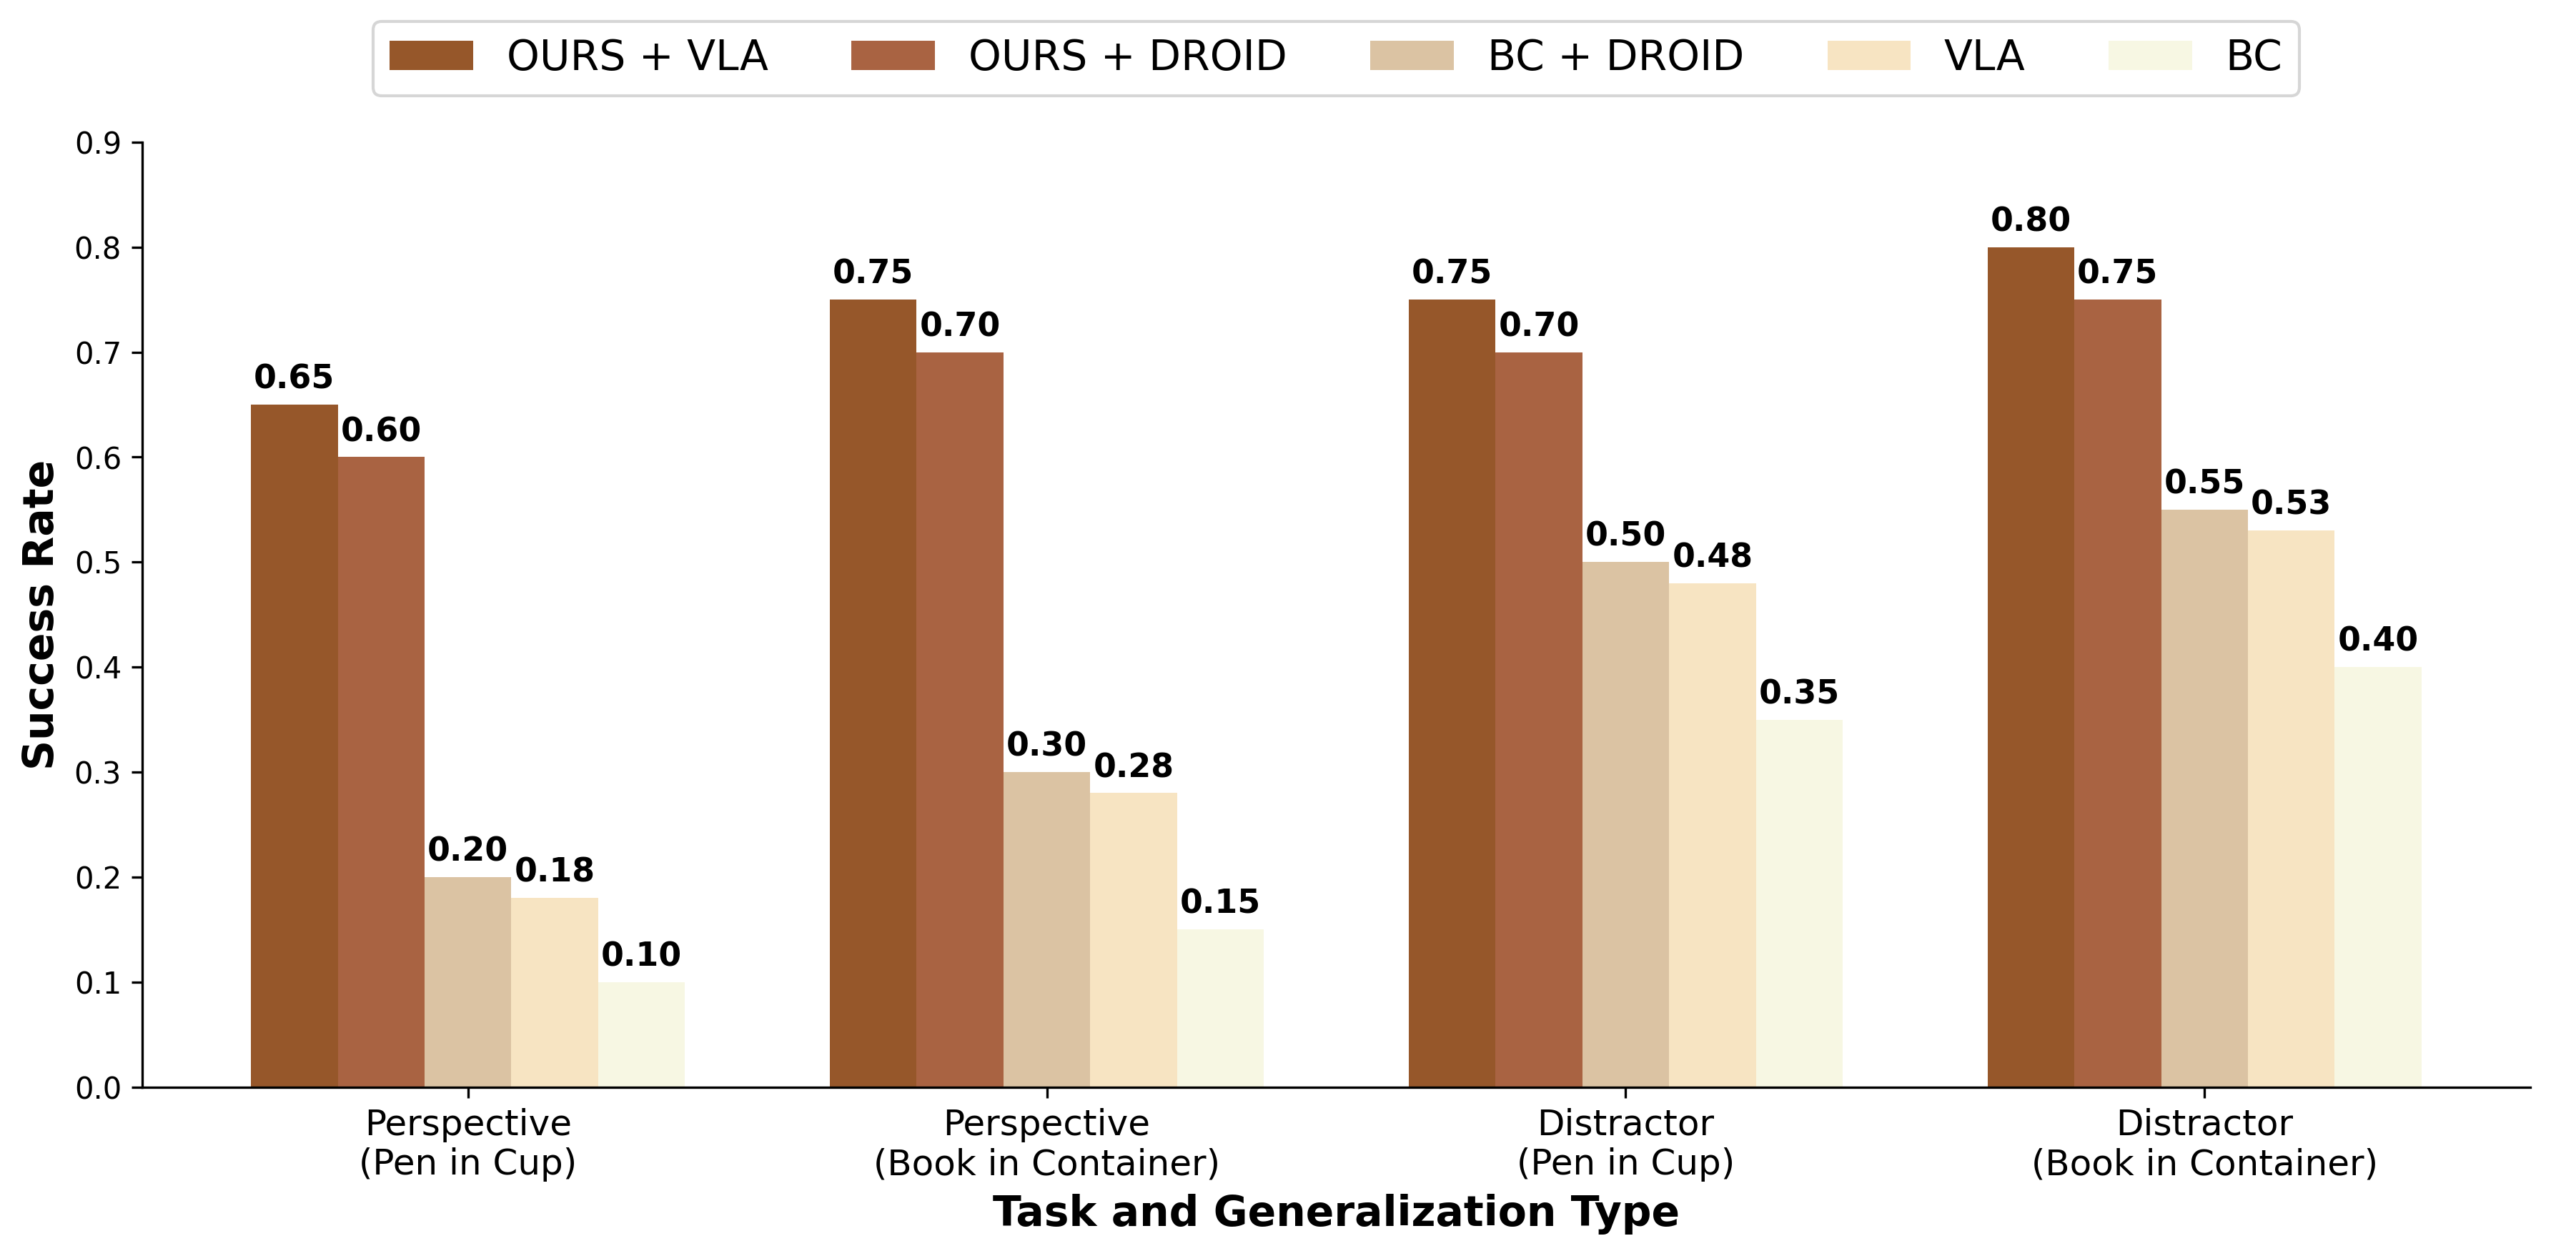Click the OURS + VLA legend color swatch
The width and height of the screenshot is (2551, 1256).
click(431, 56)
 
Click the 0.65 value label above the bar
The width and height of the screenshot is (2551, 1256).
click(293, 377)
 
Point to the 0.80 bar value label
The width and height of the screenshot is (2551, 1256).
click(2030, 219)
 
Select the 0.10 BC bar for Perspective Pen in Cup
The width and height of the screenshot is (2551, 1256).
click(640, 1034)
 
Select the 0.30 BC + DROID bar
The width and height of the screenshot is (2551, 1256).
click(1046, 929)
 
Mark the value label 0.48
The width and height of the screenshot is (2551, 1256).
click(1712, 555)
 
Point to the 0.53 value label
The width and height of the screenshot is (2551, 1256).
click(2291, 503)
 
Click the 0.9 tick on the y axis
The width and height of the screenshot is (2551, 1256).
click(98, 144)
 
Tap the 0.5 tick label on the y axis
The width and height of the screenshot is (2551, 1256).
click(98, 563)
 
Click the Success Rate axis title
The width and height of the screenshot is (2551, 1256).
click(39, 614)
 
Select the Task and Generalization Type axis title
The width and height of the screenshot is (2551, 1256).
click(1335, 1212)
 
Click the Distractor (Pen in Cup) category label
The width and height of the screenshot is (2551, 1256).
click(1625, 1142)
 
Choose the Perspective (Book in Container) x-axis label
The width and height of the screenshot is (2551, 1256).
click(1046, 1142)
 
